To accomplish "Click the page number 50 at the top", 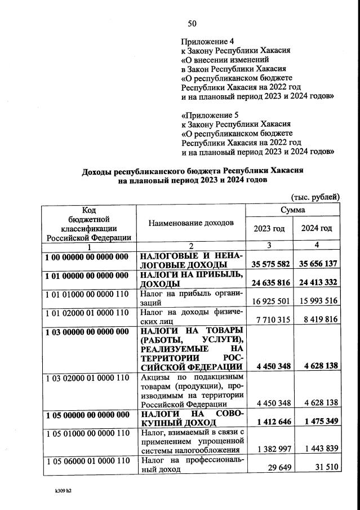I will point(192,23).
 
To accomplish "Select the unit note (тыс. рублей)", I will point(315,197).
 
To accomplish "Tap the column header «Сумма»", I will point(293,210).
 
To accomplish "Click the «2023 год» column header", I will point(269,228).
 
